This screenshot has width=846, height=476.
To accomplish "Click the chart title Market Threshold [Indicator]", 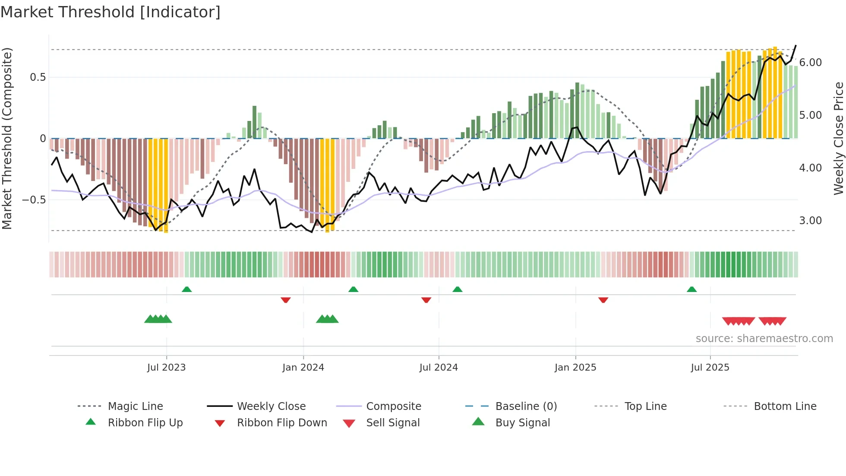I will point(110,12).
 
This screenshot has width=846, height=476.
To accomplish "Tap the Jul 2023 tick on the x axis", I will point(166,368).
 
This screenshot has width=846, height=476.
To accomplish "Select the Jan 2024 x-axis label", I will point(303,368).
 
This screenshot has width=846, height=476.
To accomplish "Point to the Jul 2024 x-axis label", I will point(439,368).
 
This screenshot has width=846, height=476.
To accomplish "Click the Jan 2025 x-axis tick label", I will point(575,368).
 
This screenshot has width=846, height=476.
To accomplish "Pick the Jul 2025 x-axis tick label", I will point(710,368).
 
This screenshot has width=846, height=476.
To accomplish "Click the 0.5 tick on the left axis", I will point(38,77).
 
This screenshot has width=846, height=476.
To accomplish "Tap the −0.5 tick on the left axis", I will point(34,200).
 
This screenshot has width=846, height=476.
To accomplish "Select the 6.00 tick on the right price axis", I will point(811,63).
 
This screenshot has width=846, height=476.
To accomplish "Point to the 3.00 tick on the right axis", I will point(811,221).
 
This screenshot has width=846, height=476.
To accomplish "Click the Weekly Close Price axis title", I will point(838,138).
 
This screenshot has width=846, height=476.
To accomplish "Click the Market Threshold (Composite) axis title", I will point(7,138).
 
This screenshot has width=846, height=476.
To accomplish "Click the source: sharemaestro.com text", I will point(764,339).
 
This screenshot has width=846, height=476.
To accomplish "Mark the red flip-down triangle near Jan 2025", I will point(603,300).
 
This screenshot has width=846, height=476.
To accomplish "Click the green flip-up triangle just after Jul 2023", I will point(187,289).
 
